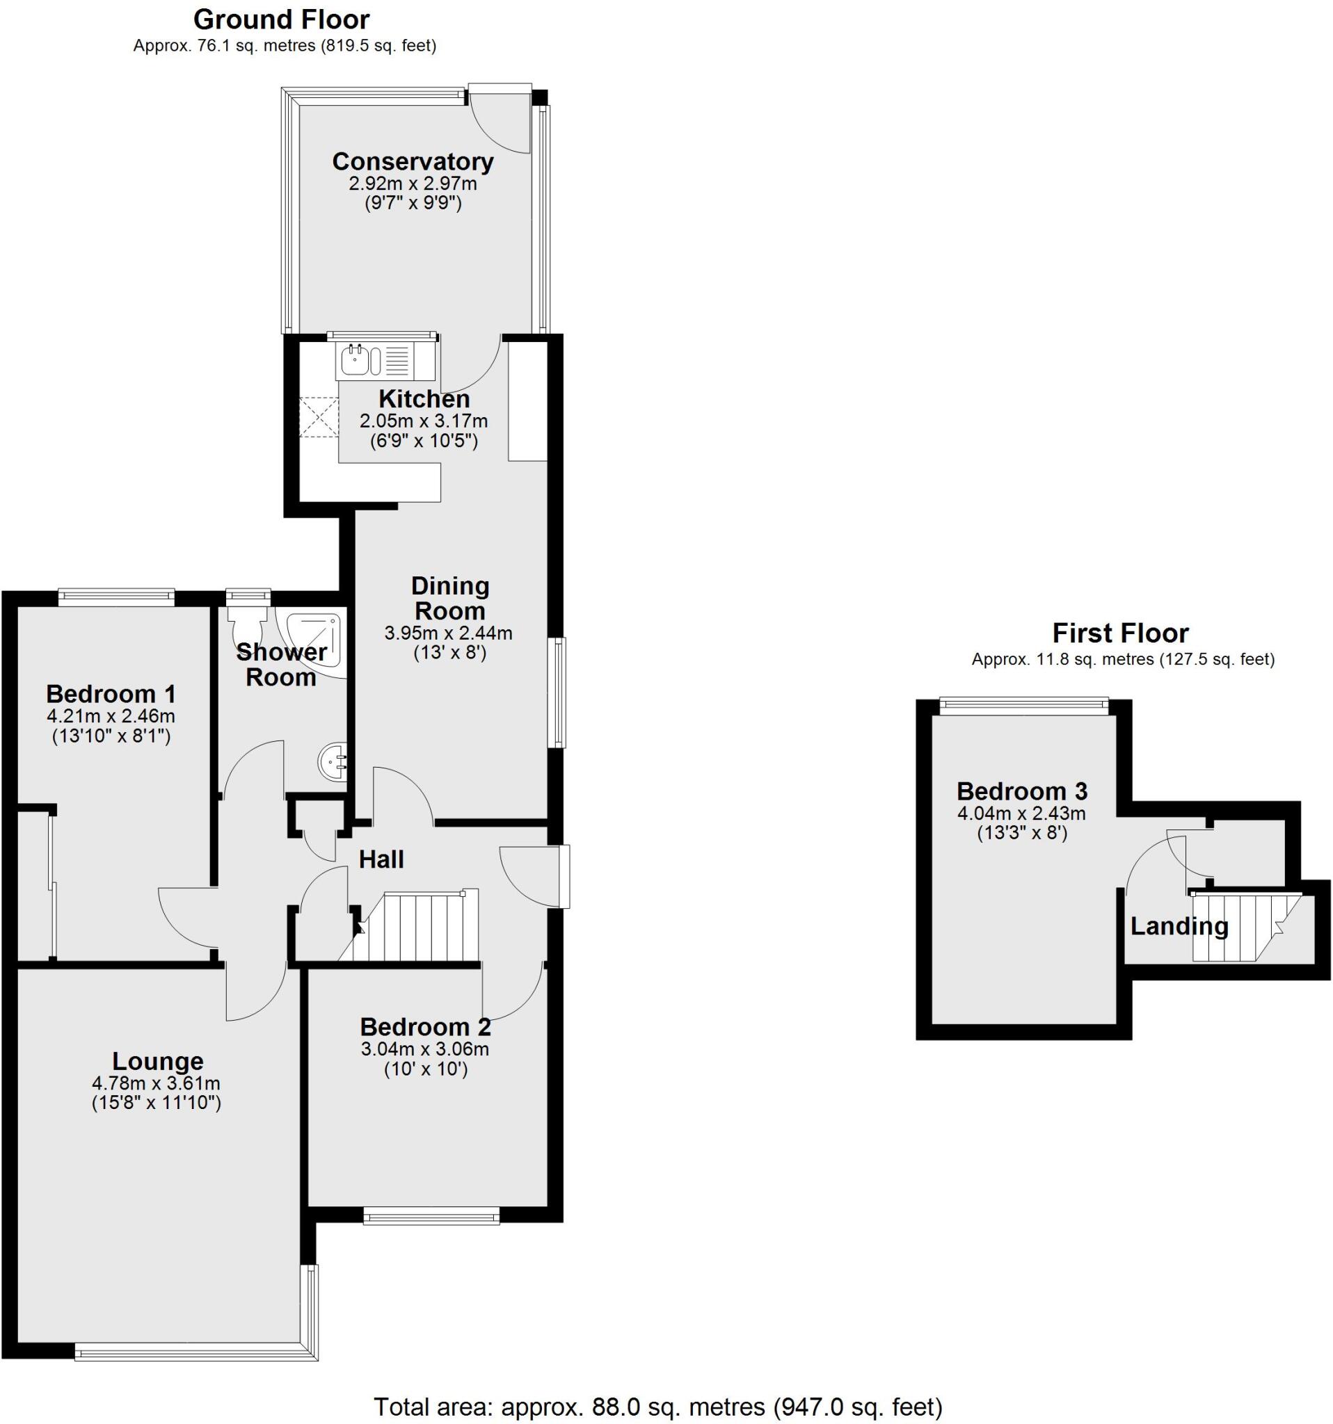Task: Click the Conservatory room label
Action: coord(412,161)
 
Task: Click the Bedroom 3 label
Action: coord(1021,791)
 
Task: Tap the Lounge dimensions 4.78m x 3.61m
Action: coord(157,1083)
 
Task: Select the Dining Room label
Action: coord(449,598)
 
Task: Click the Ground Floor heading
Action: coord(282,19)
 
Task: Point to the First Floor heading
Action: coord(1119,633)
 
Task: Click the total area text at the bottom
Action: coord(657,1407)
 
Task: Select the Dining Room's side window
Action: coord(557,692)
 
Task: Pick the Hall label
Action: coord(381,859)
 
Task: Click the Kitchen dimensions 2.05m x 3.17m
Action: coord(423,421)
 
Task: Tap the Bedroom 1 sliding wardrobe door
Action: coord(52,885)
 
